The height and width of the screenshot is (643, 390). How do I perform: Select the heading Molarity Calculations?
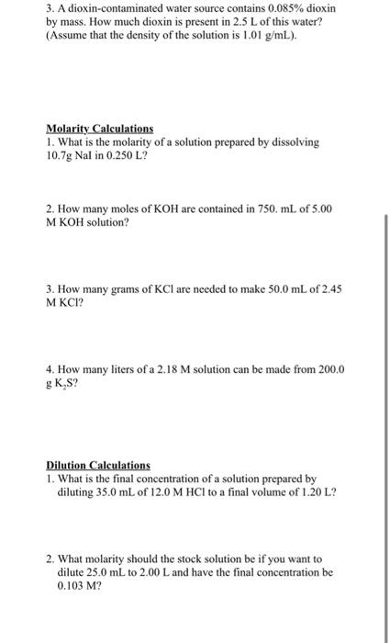tap(100, 130)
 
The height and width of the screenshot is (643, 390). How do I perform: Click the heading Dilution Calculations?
tap(98, 466)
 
